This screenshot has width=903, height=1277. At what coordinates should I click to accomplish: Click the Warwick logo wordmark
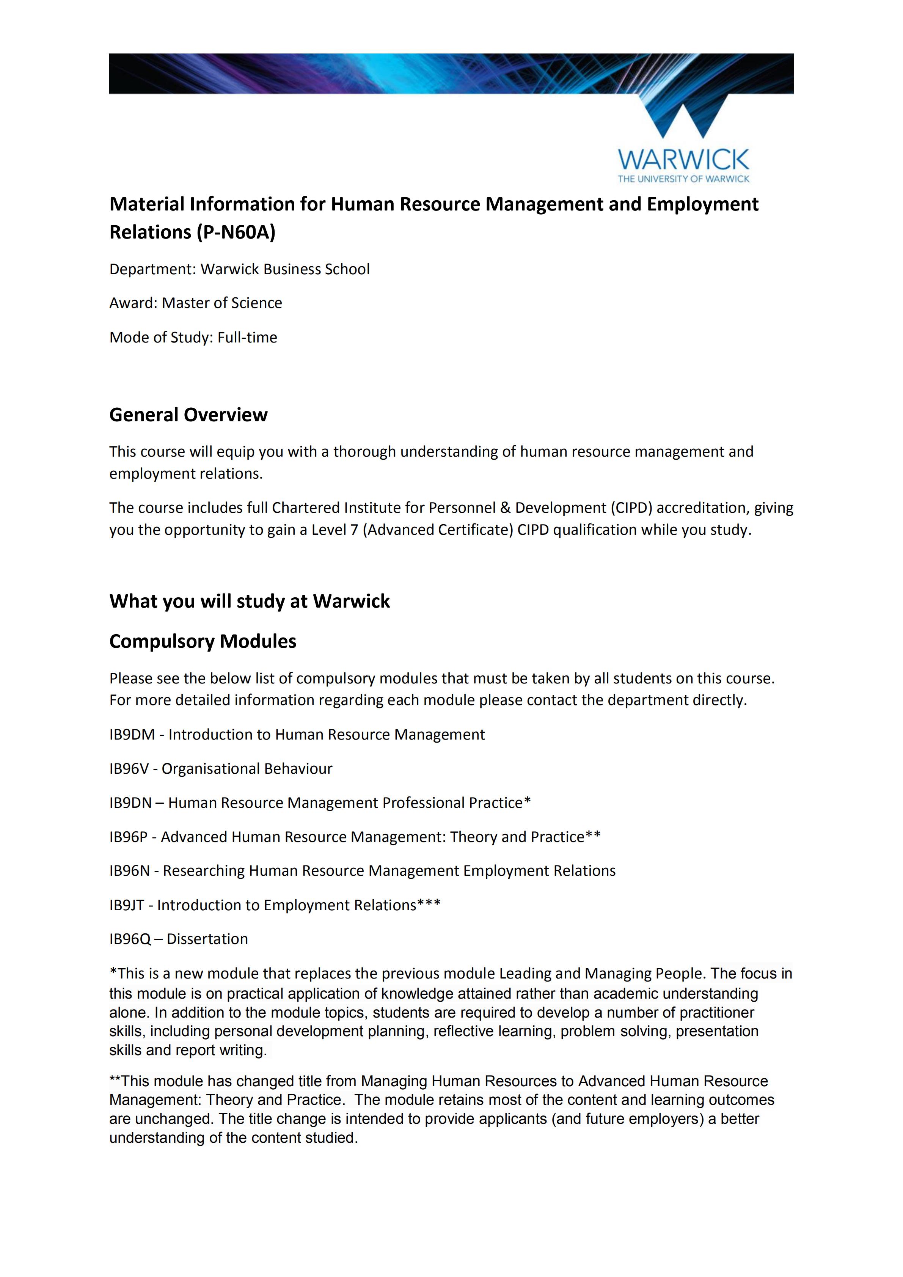pos(683,160)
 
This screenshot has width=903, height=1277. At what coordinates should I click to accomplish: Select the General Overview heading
pos(188,415)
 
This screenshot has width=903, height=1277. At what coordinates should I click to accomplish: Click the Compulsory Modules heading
pos(203,641)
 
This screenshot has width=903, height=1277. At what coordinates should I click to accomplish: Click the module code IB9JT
pos(127,905)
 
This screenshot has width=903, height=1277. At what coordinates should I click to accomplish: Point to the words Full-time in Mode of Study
pos(247,338)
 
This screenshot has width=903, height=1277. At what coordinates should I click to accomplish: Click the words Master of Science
pos(222,303)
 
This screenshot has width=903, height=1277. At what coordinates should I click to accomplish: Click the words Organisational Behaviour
pos(247,769)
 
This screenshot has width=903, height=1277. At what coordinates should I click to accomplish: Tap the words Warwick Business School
pos(285,269)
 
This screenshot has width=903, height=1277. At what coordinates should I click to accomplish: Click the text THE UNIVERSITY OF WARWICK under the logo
pos(683,179)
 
